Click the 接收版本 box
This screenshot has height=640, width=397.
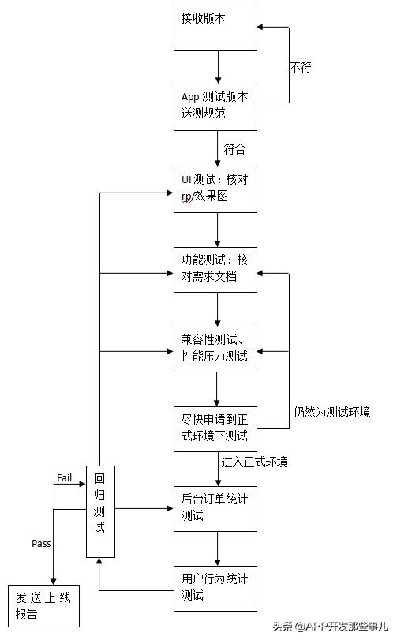pos(215,27)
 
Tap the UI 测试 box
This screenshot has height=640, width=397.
pos(215,189)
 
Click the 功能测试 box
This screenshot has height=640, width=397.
pos(215,269)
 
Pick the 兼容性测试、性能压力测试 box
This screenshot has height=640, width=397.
pos(215,349)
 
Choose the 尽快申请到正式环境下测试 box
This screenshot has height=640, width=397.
pos(215,429)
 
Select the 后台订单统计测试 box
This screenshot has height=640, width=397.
pos(215,508)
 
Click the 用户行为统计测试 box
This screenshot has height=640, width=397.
pos(215,588)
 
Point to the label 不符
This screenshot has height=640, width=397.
pos(300,67)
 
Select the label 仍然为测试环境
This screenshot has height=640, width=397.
pos(331,412)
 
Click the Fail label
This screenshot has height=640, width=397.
pos(65,477)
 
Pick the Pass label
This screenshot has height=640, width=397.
pos(41,544)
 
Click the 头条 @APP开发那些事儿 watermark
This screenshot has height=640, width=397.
pos(332,627)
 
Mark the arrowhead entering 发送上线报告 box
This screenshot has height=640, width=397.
pos(54,581)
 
